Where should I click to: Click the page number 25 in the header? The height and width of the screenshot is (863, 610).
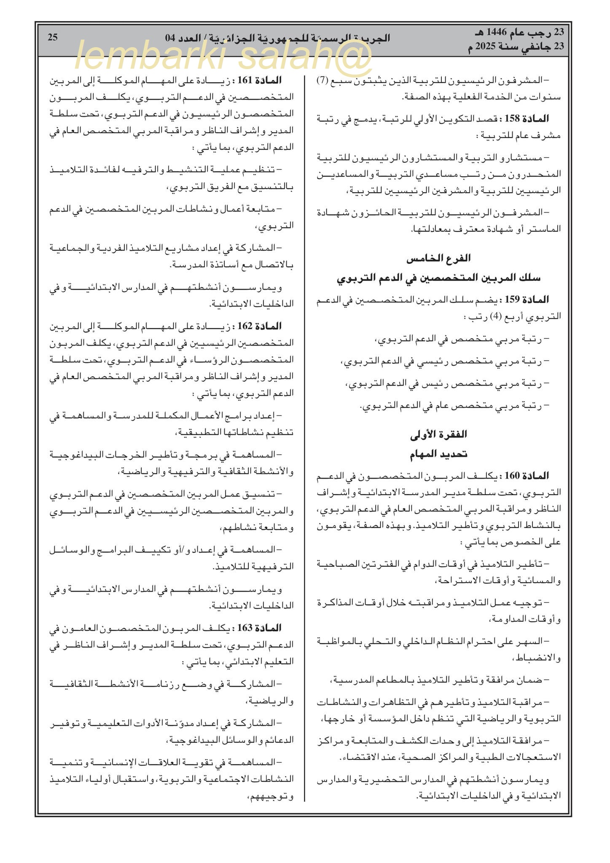pyautogui.click(x=53, y=37)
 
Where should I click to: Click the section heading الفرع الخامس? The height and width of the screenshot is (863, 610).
pyautogui.click(x=438, y=258)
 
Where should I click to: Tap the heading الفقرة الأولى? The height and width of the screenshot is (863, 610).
pyautogui.click(x=438, y=434)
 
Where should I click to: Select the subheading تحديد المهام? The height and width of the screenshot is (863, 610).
pyautogui.click(x=438, y=454)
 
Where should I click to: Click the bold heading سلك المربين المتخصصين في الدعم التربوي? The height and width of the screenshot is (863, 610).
pyautogui.click(x=438, y=278)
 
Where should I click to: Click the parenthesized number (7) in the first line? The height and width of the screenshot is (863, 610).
pyautogui.click(x=322, y=80)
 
